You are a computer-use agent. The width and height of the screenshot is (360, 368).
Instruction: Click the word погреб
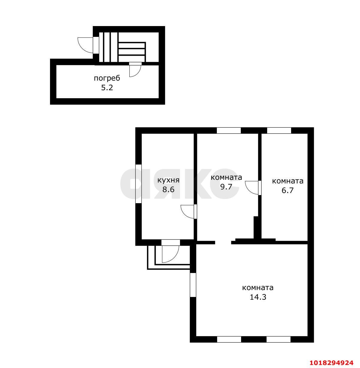tap(107, 78)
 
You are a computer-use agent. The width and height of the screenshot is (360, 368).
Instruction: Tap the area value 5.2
tap(107, 88)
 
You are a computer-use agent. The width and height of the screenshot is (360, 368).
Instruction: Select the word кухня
tap(168, 180)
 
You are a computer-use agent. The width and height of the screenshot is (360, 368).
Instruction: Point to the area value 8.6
tap(168, 189)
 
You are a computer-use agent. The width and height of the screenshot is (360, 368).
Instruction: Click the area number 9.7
tap(226, 187)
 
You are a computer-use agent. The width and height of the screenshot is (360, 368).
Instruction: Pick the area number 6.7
tap(288, 190)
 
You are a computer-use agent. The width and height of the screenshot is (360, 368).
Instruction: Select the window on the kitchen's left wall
tap(138, 184)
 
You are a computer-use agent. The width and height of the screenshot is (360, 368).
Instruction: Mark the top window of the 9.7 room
tap(229, 130)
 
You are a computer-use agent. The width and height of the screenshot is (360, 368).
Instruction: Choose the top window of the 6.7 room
tap(279, 130)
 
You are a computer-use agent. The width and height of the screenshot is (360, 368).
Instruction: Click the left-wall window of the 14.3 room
tap(193, 285)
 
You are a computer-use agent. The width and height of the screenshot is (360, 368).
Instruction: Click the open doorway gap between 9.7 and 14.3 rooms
tap(223, 242)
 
